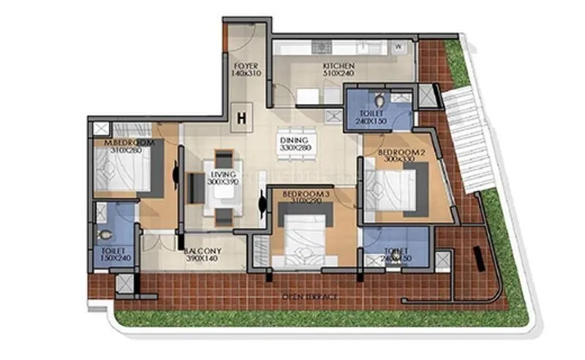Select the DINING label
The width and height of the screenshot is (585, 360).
(x=295, y=140)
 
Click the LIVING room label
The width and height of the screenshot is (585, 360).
(x=223, y=175)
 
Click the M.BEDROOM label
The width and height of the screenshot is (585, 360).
(x=129, y=143)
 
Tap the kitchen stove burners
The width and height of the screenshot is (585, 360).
(x=322, y=48)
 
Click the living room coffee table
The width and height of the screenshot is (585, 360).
(x=222, y=193)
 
